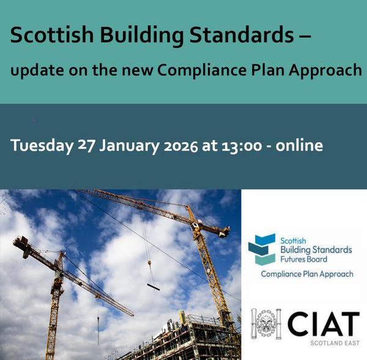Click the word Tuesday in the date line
pyautogui.click(x=42, y=146)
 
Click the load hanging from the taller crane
pyautogui.click(x=153, y=286)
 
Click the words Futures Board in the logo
pyautogui.click(x=305, y=259)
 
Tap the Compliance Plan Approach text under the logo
pyautogui.click(x=306, y=274)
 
